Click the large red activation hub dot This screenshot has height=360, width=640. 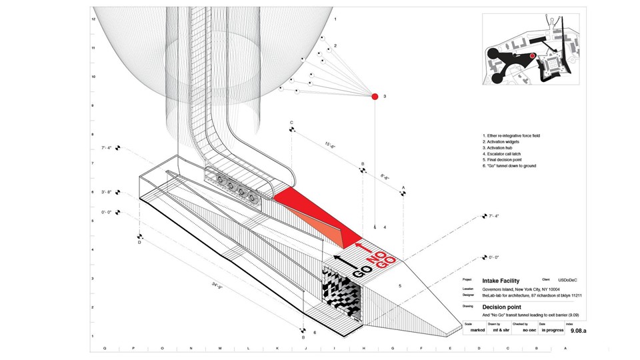point(375,97)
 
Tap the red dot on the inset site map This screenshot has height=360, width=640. point(532,56)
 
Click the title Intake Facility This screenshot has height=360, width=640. point(501,281)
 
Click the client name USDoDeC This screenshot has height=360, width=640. point(570,281)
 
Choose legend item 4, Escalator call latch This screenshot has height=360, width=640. point(507,154)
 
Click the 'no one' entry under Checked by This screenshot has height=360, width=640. point(530,329)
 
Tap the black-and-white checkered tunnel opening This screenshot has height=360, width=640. point(343,293)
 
